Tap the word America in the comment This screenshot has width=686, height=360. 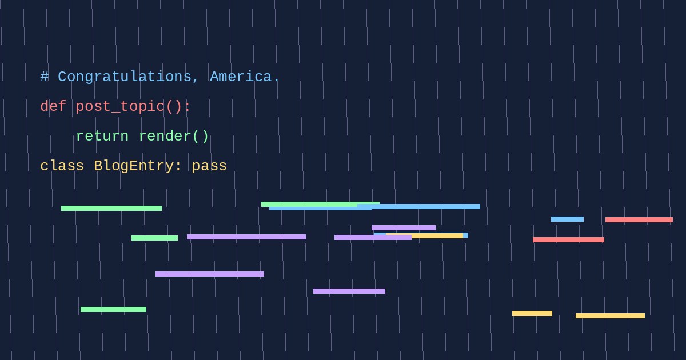click(x=241, y=77)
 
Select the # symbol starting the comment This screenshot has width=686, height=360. click(x=45, y=77)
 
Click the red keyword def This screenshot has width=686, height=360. click(x=53, y=106)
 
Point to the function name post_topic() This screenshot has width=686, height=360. click(x=133, y=106)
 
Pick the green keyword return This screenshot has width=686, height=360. click(x=102, y=136)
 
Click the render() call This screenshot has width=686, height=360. click(x=174, y=136)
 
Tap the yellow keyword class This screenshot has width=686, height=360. click(x=62, y=166)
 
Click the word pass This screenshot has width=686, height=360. click(x=209, y=166)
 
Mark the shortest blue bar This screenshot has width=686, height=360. click(x=567, y=219)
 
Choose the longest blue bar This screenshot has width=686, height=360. click(x=418, y=207)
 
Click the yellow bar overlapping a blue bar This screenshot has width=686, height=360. click(x=424, y=235)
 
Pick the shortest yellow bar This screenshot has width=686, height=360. click(x=532, y=314)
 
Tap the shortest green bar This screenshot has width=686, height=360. click(x=154, y=238)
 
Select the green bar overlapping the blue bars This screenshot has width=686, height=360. click(x=320, y=204)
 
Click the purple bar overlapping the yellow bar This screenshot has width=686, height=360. click(x=373, y=238)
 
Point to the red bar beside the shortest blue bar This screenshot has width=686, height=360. click(x=639, y=220)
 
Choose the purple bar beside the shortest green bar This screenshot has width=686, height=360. click(x=246, y=237)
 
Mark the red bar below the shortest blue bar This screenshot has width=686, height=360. click(x=568, y=239)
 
